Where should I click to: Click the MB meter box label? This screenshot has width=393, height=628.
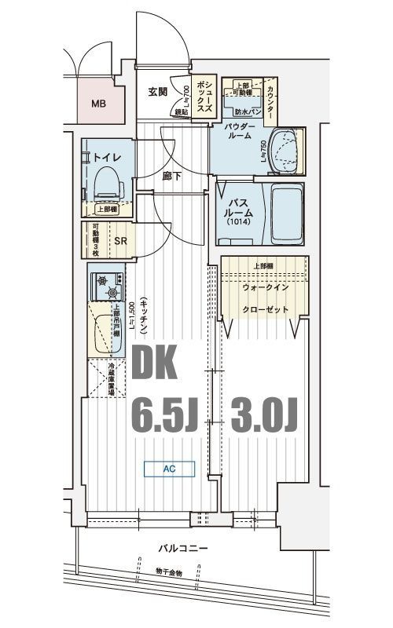pos(97,102)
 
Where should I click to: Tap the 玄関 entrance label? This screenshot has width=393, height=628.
pos(157,92)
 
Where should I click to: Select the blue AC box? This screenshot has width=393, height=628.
pos(168,469)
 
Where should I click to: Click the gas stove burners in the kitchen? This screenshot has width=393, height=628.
pos(105,285)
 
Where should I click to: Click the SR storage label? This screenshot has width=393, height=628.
pos(121,241)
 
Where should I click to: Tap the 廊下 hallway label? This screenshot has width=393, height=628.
pos(172,177)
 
